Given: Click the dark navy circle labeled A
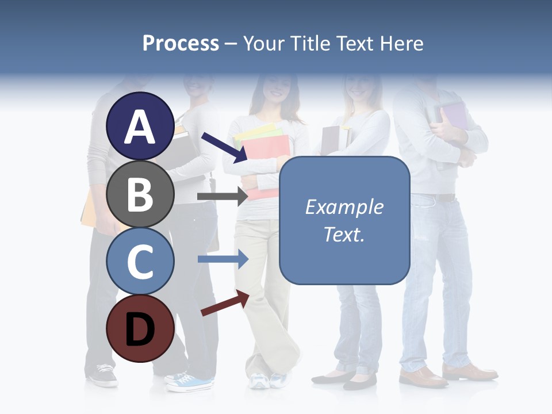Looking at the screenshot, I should tap(140, 126).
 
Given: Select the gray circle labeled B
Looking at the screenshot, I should tap(140, 194).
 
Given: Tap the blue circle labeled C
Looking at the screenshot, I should tap(140, 261).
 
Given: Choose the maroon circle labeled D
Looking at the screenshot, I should tap(140, 328).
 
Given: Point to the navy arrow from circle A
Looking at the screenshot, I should tap(224, 147).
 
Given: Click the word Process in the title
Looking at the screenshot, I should tap(181, 44).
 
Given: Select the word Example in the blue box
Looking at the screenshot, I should tap(344, 207).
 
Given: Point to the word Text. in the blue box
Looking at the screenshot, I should tap(344, 234).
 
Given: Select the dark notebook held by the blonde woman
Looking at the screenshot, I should tap(331, 139).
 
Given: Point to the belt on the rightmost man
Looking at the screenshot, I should tap(443, 198).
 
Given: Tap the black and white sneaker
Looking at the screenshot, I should tap(102, 375).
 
